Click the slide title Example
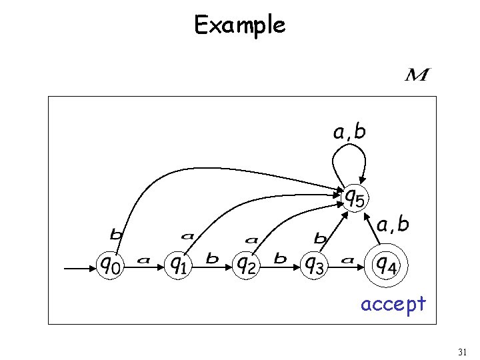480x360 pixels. click(240, 25)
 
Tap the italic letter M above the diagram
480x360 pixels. click(417, 75)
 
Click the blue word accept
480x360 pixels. click(393, 304)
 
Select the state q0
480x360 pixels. click(111, 265)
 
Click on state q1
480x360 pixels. click(177, 265)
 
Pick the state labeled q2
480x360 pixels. click(246, 265)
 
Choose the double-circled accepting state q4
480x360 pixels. click(385, 265)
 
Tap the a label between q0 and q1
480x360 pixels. click(143, 260)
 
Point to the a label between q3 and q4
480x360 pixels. click(347, 260)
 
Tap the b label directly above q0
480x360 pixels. click(115, 235)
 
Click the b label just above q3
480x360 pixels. click(320, 237)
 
